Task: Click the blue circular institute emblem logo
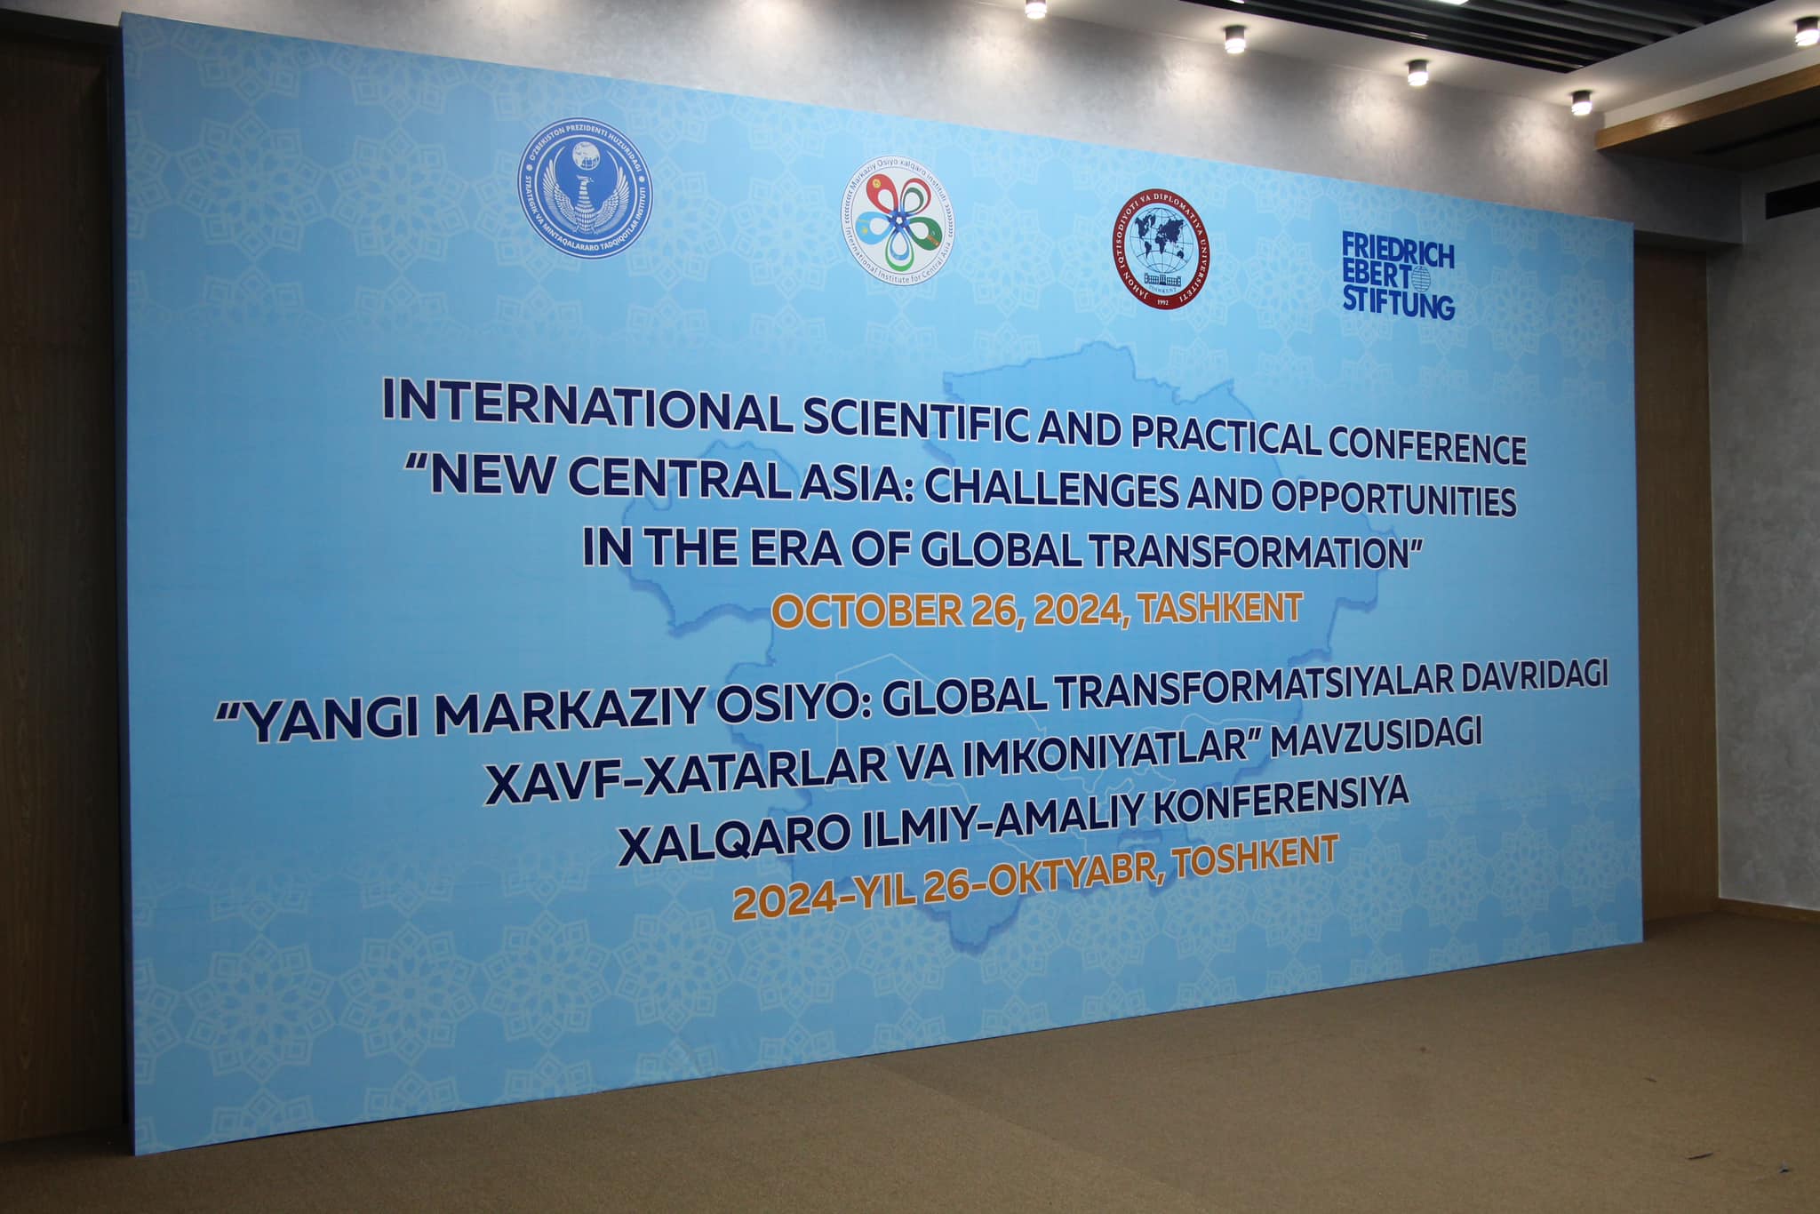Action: pyautogui.click(x=585, y=183)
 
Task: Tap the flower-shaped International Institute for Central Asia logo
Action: pyautogui.click(x=898, y=222)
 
